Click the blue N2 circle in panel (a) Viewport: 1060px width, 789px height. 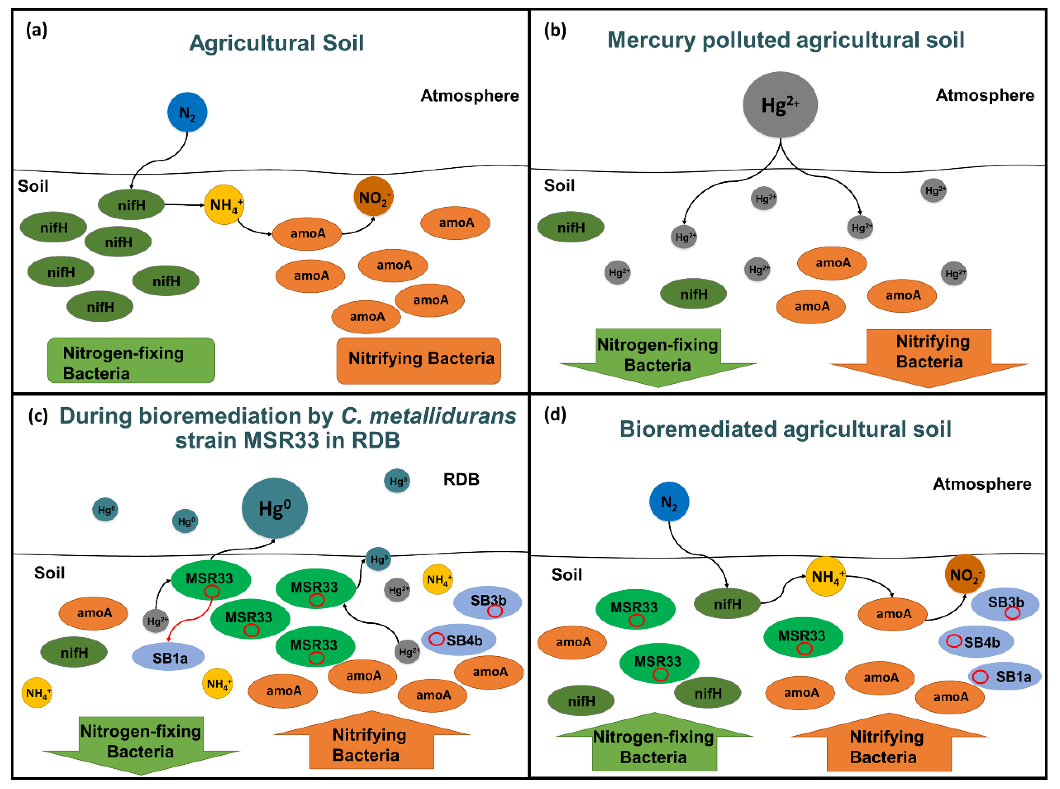click(x=187, y=112)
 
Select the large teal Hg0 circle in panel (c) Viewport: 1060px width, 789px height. click(x=274, y=508)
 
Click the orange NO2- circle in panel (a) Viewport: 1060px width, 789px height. click(x=373, y=196)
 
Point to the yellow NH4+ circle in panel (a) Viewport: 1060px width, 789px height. click(x=224, y=205)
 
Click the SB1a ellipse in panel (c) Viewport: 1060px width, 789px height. click(x=168, y=657)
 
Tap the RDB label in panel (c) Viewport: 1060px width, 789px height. click(x=461, y=479)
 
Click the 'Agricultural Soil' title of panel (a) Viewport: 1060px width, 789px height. click(x=276, y=43)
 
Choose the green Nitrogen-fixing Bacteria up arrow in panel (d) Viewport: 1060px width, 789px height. click(x=654, y=742)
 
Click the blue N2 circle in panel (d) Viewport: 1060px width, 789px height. click(x=669, y=502)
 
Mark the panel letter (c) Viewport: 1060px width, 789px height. click(x=38, y=416)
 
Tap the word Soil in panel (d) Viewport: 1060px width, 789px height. click(x=566, y=575)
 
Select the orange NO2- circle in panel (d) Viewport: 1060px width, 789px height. click(x=964, y=574)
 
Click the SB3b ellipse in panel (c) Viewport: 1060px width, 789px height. click(x=487, y=602)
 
